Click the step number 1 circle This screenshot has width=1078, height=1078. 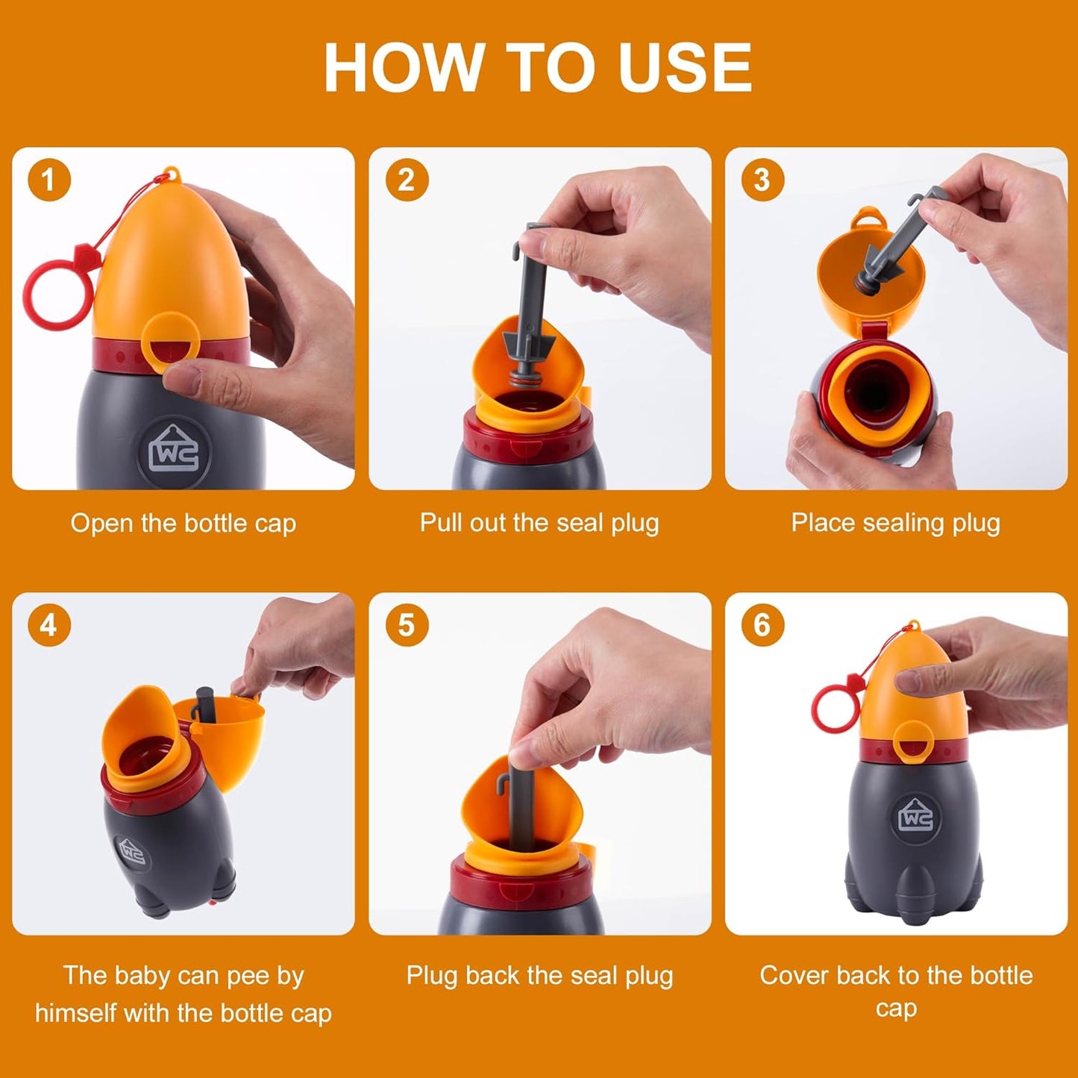(x=49, y=180)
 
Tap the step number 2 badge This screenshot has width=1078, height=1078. (x=407, y=180)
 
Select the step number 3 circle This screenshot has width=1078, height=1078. (x=762, y=180)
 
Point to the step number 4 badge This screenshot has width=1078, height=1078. (x=49, y=625)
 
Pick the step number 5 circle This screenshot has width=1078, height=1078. (x=407, y=625)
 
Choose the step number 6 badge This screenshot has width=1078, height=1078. (x=762, y=625)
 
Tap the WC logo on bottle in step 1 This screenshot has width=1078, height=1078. (x=175, y=451)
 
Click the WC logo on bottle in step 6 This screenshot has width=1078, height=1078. (x=915, y=817)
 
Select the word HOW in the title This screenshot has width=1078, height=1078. (x=403, y=68)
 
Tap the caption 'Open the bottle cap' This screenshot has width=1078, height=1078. (x=183, y=523)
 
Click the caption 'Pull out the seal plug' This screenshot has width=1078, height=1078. (x=539, y=522)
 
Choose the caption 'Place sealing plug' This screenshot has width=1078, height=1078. (x=895, y=522)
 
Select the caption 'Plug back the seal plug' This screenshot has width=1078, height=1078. (x=539, y=975)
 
